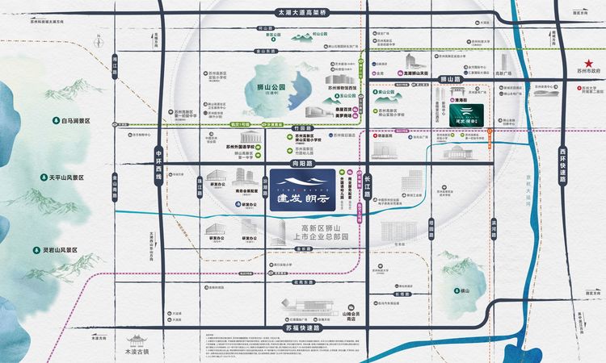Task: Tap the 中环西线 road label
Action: (x=159, y=165)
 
